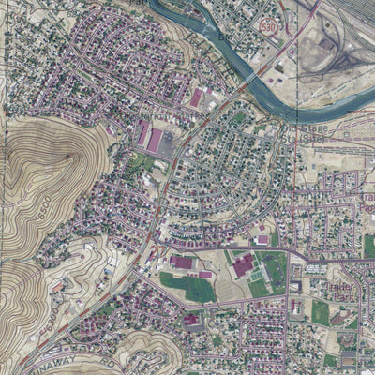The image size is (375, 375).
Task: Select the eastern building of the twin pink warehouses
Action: click(155, 142)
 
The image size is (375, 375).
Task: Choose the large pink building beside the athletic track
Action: click(244, 265)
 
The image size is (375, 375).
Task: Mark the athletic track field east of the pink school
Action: click(273, 270)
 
